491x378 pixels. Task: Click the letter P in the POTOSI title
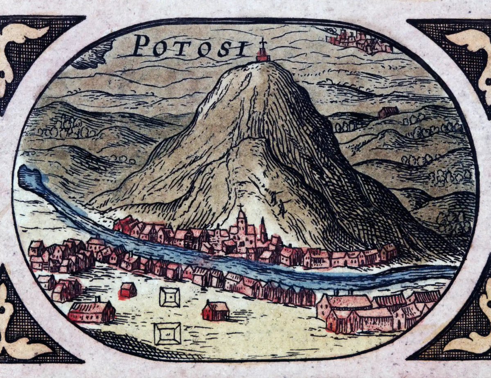142,45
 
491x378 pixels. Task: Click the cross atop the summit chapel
263,43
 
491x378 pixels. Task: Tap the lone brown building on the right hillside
388,112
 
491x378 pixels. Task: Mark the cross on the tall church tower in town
241,208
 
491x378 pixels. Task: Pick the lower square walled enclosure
167,333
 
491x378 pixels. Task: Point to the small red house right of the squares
216,311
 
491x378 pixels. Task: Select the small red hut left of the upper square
128,290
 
